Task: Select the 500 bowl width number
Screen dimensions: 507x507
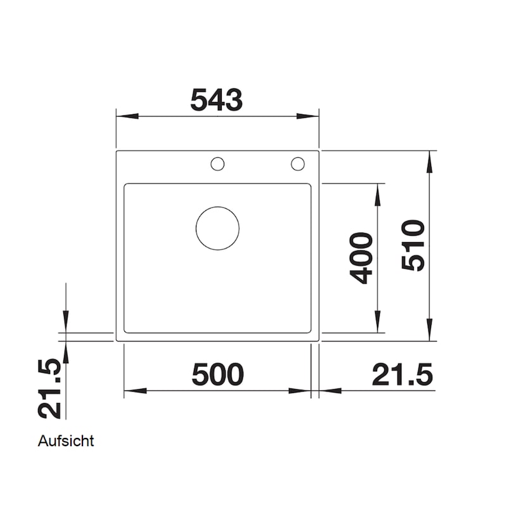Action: pos(217,375)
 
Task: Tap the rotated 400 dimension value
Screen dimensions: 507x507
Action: pos(361,258)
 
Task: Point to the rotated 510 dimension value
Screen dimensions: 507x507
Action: pos(413,245)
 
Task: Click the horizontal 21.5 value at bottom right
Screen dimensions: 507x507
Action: pos(402,375)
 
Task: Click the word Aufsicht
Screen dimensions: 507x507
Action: pos(66,441)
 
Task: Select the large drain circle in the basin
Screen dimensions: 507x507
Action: pos(217,228)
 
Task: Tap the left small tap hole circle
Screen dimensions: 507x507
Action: pos(217,164)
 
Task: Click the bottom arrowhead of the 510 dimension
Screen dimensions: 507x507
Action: pos(430,331)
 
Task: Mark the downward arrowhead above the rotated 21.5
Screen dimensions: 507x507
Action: pos(65,321)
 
